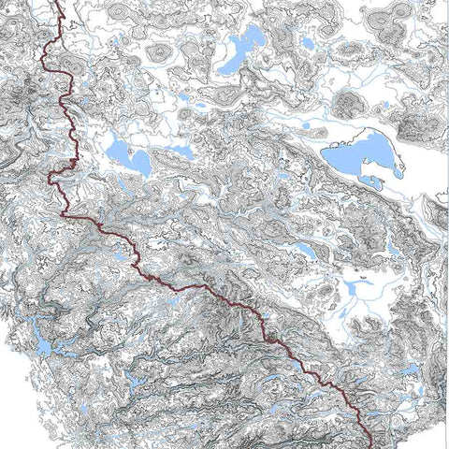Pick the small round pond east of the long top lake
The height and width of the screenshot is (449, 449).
click(308, 43)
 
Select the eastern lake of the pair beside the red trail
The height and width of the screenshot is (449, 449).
click(138, 162)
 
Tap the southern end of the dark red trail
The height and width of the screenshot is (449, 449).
click(370, 445)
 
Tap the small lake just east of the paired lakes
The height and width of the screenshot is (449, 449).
click(181, 150)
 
